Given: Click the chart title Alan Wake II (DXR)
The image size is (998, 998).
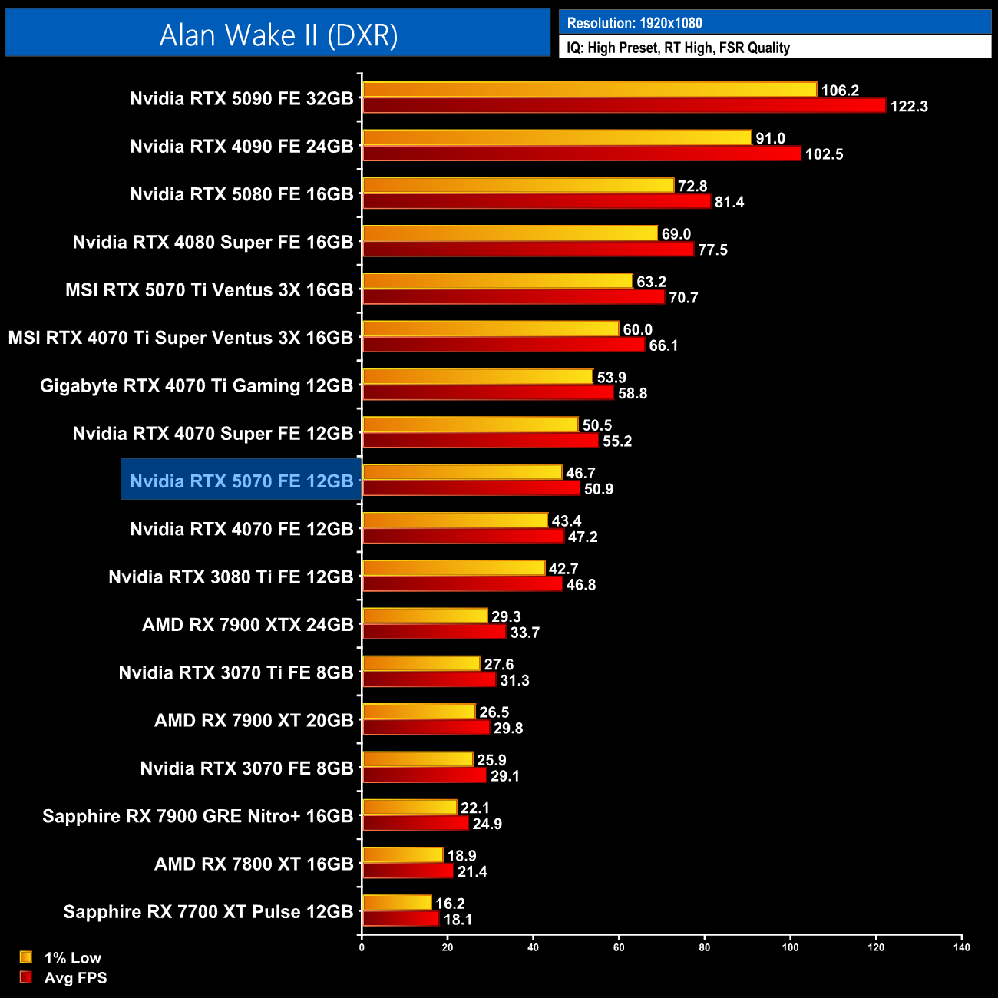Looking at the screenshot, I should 278,35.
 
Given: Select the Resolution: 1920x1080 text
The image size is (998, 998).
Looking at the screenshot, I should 634,23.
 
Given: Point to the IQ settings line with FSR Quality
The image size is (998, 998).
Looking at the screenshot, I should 678,48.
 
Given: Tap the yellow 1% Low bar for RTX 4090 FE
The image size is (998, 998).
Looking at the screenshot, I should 557,137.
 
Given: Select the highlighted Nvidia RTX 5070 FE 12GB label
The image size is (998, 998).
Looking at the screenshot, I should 241,481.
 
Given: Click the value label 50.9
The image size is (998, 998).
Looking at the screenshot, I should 599,489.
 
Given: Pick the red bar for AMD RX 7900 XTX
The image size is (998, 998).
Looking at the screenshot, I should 434,632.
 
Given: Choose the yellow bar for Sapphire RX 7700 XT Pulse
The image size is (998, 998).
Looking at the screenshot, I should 397,903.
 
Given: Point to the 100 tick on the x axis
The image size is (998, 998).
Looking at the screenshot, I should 790,947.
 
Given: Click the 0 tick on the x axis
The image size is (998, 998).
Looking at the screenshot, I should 362,947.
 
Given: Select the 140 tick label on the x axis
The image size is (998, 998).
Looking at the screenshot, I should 961,947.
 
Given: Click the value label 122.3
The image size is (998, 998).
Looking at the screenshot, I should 909,106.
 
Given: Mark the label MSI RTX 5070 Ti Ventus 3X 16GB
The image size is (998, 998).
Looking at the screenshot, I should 209,289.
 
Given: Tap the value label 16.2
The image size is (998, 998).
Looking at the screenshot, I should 450,904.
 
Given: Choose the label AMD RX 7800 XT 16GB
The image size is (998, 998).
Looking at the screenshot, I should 253,864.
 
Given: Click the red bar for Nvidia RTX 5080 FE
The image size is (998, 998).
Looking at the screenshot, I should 537,201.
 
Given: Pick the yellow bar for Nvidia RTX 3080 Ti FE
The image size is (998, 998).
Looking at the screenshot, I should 454,568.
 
